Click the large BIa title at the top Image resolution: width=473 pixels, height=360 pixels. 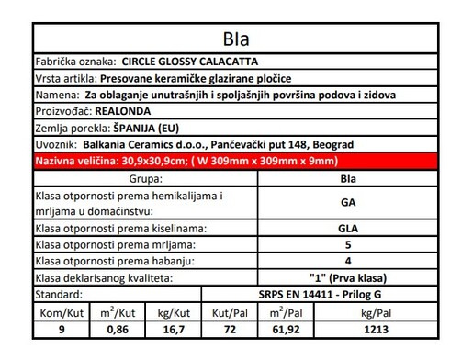click(236, 39)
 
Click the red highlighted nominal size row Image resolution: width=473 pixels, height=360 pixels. click(235, 161)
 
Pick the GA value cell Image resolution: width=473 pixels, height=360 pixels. click(348, 203)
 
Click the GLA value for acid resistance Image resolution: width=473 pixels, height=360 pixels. click(348, 228)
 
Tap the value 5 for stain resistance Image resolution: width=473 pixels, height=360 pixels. click(348, 244)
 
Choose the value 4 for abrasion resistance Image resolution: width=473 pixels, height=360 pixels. click(348, 261)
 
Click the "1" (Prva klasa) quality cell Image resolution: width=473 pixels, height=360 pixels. click(348, 277)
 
